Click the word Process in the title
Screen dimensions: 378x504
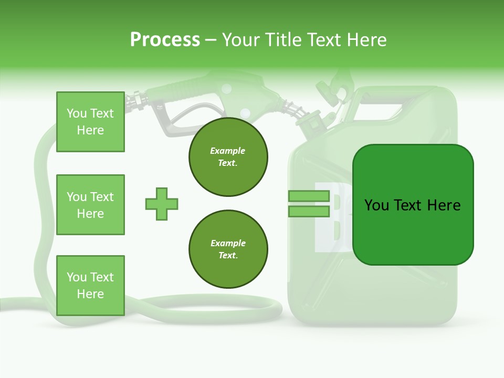coord(165,40)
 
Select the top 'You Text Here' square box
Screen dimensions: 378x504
coord(90,122)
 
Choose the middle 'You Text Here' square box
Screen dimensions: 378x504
coord(90,205)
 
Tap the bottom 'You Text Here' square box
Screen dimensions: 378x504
coord(90,285)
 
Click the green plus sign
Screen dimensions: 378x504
coord(161,204)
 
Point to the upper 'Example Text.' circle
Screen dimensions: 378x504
coord(228,157)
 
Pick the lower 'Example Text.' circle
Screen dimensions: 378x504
coord(228,249)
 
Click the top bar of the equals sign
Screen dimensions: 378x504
coord(309,196)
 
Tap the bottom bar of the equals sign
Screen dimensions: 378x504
coord(309,212)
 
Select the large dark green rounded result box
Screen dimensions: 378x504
coord(413,205)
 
